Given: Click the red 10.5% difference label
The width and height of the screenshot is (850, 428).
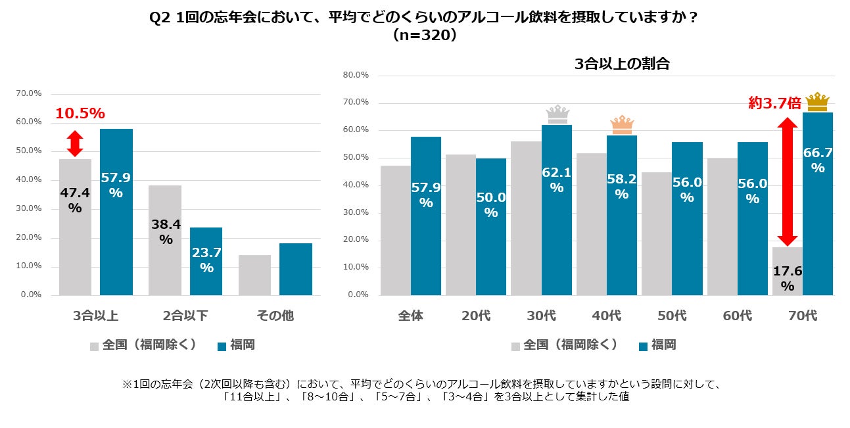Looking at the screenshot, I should pos(80,114).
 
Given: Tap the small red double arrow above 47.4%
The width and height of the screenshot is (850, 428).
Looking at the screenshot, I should pos(75,143).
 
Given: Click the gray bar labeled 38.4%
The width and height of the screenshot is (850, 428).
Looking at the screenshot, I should pos(165,240).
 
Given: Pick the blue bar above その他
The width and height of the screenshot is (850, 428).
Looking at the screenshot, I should pos(295,269).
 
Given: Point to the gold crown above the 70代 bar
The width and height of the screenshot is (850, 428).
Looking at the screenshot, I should pos(818,102).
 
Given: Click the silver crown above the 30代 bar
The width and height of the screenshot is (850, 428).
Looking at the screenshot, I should pos(557,114).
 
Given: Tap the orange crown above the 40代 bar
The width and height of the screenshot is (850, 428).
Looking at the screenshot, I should pos(621,124).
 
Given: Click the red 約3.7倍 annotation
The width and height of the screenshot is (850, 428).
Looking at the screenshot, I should pos(775,103).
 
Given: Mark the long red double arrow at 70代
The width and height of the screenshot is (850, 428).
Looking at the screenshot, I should pos(788,181).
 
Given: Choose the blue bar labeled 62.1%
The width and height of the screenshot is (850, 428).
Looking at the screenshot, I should pos(556,210).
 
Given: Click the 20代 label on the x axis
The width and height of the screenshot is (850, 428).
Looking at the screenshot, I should pos(475,316).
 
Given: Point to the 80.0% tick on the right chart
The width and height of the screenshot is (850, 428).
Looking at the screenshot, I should pos(356,75).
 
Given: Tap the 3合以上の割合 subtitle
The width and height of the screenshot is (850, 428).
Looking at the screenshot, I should pos(622,64).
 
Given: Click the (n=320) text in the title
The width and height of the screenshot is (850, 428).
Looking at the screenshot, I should pos(424,36).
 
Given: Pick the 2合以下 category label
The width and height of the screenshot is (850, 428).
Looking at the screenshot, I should pos(185,316).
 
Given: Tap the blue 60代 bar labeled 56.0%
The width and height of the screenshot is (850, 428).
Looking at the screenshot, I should pos(752,218).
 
